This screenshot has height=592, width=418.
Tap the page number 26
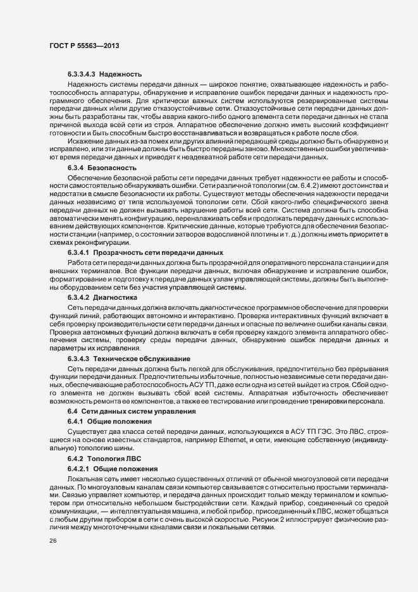click(x=52, y=541)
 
